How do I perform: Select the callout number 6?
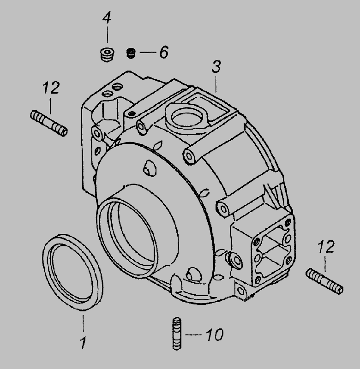(x=164, y=52)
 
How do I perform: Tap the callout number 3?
(x=216, y=66)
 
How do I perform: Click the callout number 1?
(x=83, y=343)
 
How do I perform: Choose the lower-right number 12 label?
(x=326, y=247)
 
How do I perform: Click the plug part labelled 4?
(x=107, y=54)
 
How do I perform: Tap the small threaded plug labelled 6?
(x=131, y=53)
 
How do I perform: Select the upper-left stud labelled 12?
(x=49, y=123)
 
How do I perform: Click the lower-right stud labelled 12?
(x=324, y=281)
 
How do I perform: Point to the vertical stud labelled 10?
(x=177, y=333)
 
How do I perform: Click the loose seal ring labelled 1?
(x=72, y=272)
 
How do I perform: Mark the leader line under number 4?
(x=108, y=35)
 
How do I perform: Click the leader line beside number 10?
(x=193, y=334)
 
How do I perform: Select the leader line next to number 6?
(x=148, y=52)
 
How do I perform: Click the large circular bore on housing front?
(x=127, y=238)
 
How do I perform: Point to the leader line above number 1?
(x=84, y=323)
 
